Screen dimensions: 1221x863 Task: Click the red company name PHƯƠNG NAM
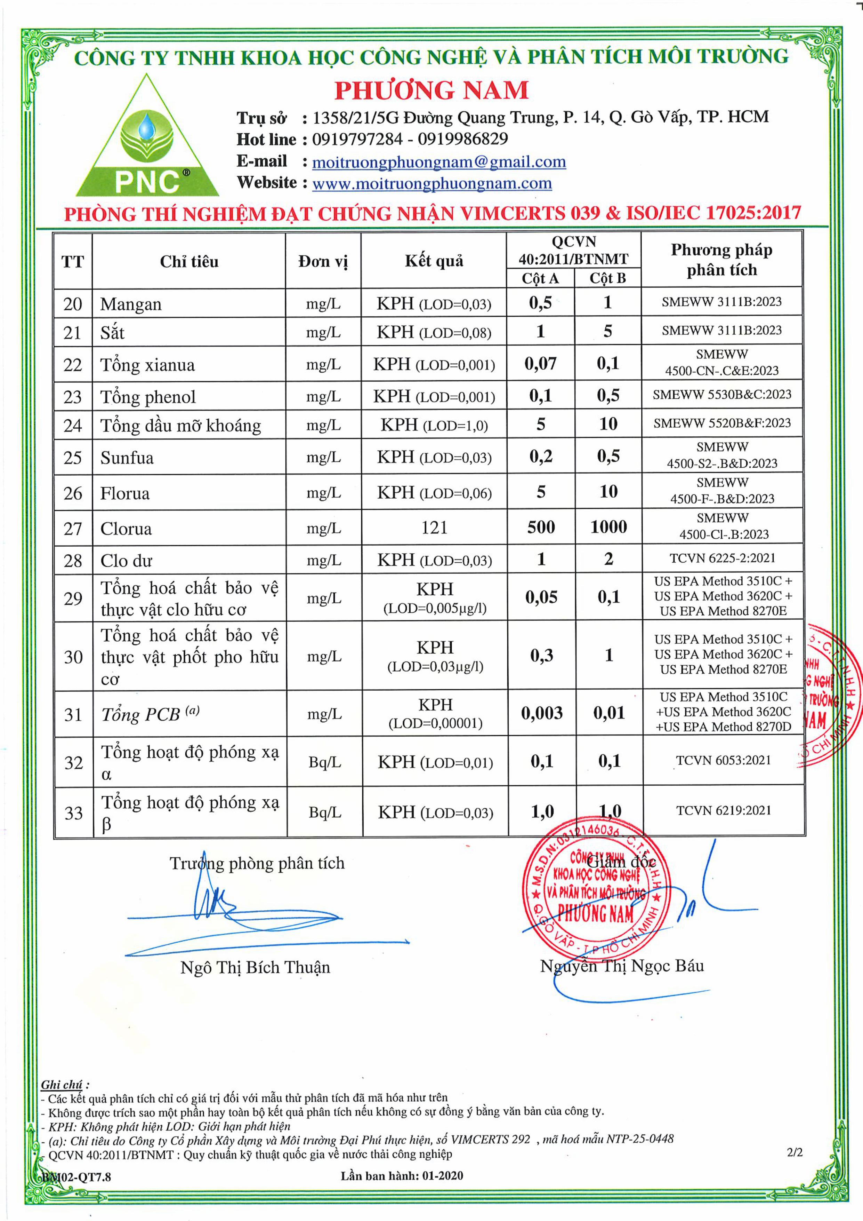tap(431, 90)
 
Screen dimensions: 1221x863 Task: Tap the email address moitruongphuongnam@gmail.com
tap(438, 162)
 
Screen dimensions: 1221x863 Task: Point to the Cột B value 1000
tap(608, 527)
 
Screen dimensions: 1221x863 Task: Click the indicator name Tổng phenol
tap(148, 397)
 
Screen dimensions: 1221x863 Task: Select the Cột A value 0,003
tap(541, 713)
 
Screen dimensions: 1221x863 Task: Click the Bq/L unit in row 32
tap(325, 762)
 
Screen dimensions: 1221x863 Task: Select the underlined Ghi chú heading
tap(62, 1085)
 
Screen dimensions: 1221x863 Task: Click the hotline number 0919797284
tap(357, 139)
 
